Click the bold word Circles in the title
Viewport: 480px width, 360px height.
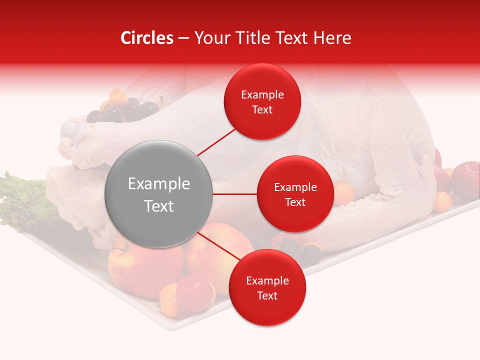click(x=147, y=38)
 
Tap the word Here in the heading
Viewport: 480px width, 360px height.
click(x=332, y=38)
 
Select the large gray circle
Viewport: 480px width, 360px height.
click(x=158, y=194)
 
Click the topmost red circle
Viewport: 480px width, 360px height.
click(x=262, y=101)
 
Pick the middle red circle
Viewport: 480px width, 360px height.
click(x=295, y=194)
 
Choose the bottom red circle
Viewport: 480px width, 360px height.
click(x=267, y=287)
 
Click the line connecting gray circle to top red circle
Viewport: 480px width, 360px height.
click(x=216, y=141)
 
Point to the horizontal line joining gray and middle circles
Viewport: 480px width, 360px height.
click(x=234, y=194)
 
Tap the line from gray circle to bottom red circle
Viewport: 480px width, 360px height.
click(x=215, y=246)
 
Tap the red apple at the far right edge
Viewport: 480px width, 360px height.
click(x=467, y=177)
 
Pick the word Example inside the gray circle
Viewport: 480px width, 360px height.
click(x=158, y=184)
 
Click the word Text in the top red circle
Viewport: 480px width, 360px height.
click(x=262, y=109)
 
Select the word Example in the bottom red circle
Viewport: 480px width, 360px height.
click(x=267, y=280)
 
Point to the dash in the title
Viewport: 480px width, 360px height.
click(x=183, y=38)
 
